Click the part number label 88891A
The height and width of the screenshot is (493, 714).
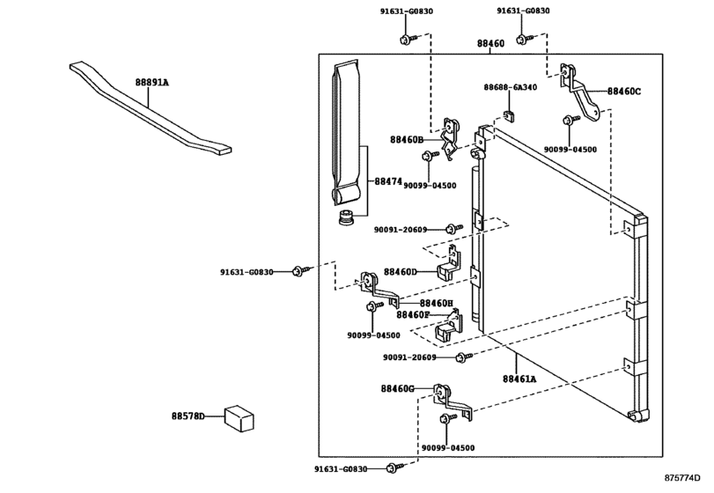(151, 81)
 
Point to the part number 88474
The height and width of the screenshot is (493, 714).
(387, 181)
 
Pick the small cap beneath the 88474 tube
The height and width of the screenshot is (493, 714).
(349, 216)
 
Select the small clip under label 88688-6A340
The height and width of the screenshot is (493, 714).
(508, 113)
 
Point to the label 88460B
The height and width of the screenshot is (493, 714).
(407, 139)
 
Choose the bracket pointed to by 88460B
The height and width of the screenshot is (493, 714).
(451, 136)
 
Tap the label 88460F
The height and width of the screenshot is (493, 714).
(413, 314)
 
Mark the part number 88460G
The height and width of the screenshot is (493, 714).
(398, 388)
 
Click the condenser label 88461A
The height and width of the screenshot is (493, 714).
(519, 379)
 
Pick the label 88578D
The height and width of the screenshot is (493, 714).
(188, 415)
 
